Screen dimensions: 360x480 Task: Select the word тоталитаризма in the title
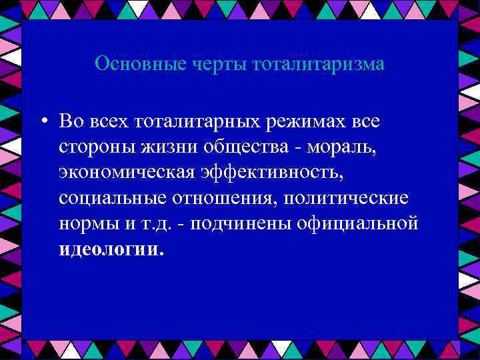click(x=319, y=64)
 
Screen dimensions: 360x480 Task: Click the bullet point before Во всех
click(x=42, y=122)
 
